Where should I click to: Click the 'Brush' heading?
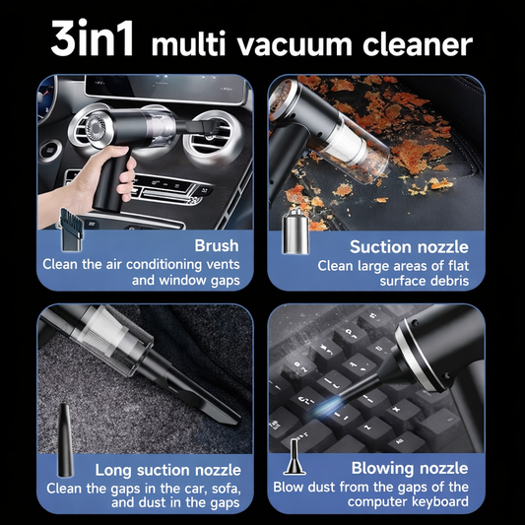(217, 245)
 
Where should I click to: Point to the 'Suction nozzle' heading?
(409, 246)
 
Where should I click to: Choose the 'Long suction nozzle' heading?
(168, 470)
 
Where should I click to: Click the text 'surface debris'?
(423, 282)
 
